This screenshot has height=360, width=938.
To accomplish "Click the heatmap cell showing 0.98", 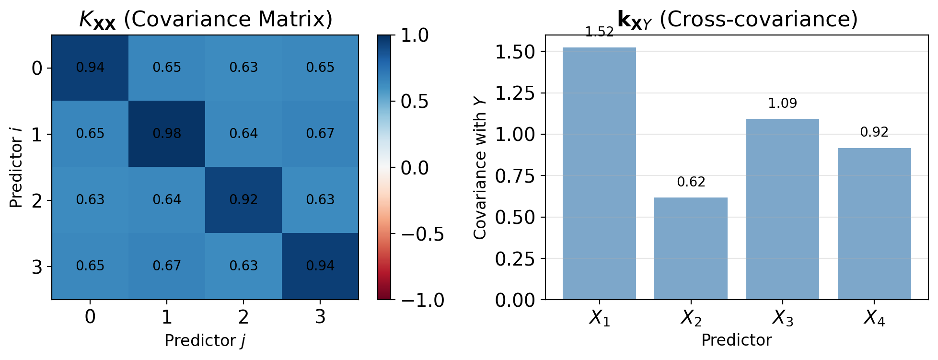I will pyautogui.click(x=167, y=134).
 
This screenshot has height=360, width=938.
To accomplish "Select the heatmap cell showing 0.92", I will pyautogui.click(x=243, y=200).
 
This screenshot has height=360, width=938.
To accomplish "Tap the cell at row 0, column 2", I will pyautogui.click(x=243, y=68).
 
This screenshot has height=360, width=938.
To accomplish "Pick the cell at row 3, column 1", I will pyautogui.click(x=167, y=266).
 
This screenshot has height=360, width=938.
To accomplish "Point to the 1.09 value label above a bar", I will pyautogui.click(x=782, y=104).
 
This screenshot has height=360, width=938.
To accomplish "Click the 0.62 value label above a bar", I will pyautogui.click(x=691, y=182).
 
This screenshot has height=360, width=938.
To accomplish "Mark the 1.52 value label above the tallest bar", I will pyautogui.click(x=599, y=32).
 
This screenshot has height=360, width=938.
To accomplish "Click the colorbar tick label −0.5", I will pyautogui.click(x=421, y=234).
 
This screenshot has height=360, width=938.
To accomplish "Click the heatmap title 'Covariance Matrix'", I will pyautogui.click(x=205, y=20).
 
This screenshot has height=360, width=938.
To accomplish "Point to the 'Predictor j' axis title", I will pyautogui.click(x=205, y=340).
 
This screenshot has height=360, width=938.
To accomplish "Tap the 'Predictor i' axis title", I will pyautogui.click(x=16, y=167).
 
